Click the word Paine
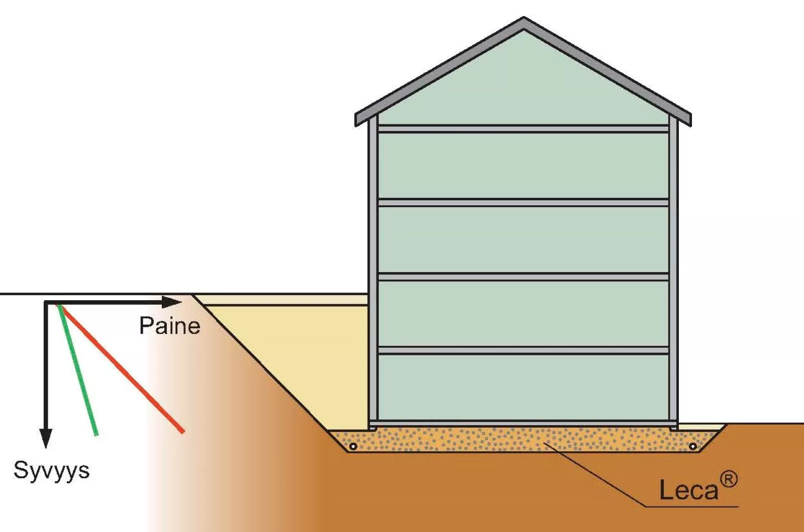pyautogui.click(x=170, y=326)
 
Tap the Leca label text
pyautogui.click(x=688, y=490)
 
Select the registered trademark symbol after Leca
pyautogui.click(x=728, y=480)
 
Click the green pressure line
pyautogui.click(x=77, y=370)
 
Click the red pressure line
pyautogui.click(x=121, y=368)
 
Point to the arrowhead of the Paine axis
pyautogui.click(x=171, y=302)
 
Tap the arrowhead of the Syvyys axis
pyautogui.click(x=46, y=439)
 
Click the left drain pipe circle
pyautogui.click(x=353, y=446)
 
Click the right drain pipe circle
pyautogui.click(x=693, y=446)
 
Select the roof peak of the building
pyautogui.click(x=523, y=18)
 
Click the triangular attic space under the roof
pyautogui.click(x=523, y=86)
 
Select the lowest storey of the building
pyautogui.click(x=523, y=387)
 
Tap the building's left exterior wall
pyautogui.click(x=373, y=273)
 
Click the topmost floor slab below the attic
pyautogui.click(x=523, y=129)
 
